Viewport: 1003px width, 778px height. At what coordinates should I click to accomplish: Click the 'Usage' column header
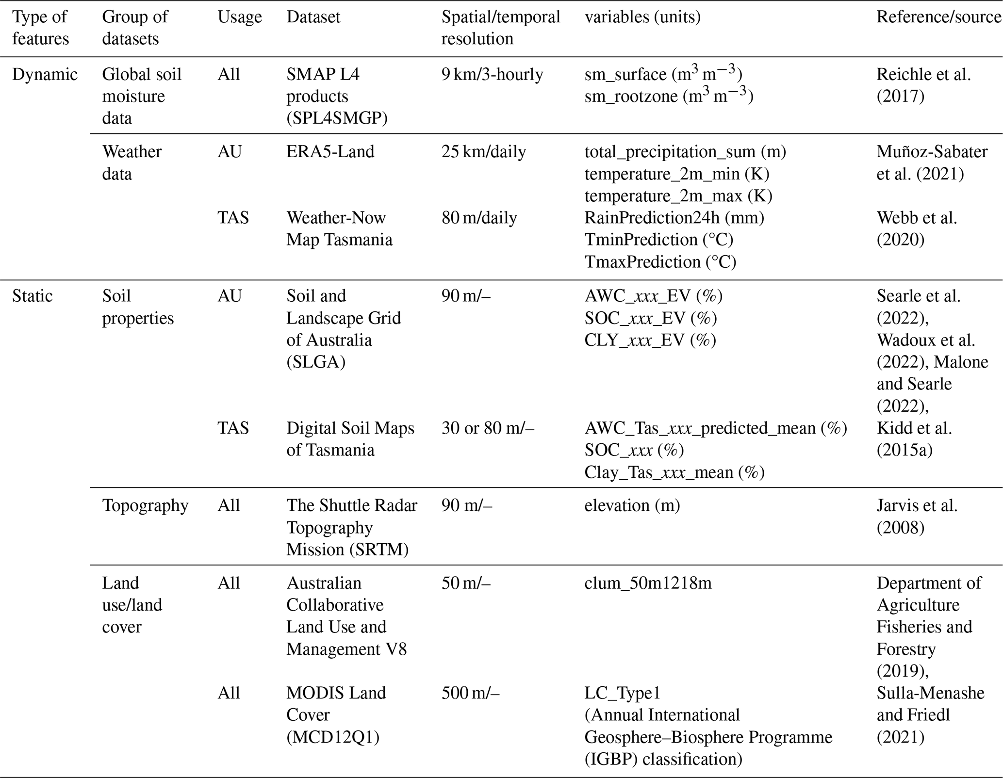coord(239,17)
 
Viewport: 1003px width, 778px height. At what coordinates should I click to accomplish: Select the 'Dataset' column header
coord(313,17)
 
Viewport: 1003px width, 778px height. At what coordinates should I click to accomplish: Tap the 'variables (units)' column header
coord(642,17)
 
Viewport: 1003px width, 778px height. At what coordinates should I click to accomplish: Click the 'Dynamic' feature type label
coord(45,75)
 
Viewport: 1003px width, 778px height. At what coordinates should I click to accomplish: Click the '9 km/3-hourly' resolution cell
coord(492,75)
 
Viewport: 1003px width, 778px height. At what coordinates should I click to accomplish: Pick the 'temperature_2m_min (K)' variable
coord(677,174)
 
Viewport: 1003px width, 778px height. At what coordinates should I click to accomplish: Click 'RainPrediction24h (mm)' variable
coord(674,218)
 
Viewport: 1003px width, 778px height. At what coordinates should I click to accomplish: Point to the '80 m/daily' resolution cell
coord(479,218)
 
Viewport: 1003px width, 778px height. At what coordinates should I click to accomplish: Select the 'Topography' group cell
coord(145,506)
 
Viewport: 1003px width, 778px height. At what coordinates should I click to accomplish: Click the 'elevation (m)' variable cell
coord(632,506)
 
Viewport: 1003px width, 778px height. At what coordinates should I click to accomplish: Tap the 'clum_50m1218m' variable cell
coord(648,583)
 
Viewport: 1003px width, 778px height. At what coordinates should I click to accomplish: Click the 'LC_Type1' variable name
coord(622,693)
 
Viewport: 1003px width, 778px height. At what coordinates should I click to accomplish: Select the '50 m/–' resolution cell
coord(466,583)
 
